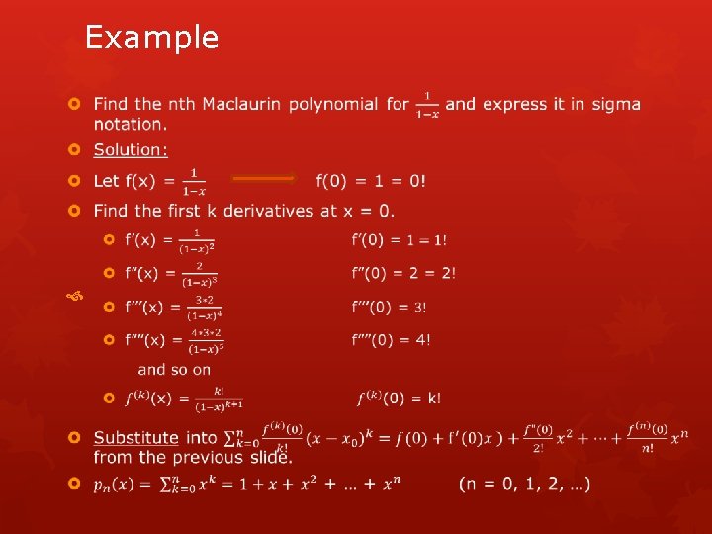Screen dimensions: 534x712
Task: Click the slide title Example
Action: coord(151,38)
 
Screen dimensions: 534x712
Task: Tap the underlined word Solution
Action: coord(131,150)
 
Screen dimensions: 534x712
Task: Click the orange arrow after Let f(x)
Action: coord(262,179)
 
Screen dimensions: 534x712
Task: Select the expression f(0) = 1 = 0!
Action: coord(371,181)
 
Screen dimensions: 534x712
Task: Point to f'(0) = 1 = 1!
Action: coord(399,240)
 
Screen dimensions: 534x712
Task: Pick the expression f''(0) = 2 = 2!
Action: coord(403,273)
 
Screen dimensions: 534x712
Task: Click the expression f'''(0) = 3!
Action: coord(390,307)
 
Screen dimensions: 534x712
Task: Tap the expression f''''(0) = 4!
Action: coord(392,340)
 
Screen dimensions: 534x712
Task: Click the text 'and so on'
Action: coord(174,370)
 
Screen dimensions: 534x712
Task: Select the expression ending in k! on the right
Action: coord(400,399)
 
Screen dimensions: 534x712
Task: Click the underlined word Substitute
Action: coord(136,437)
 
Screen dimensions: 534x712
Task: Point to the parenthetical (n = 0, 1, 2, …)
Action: coord(525,485)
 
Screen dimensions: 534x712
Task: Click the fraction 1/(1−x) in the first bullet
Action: coord(428,104)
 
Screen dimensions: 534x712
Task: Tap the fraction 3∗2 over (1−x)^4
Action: coord(205,308)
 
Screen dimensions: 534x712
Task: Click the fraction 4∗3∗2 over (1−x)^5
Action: coord(207,341)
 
